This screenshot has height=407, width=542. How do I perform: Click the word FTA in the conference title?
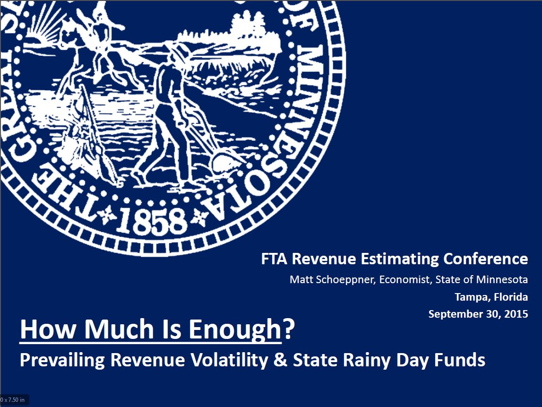(x=274, y=259)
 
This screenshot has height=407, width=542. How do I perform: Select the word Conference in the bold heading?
(x=486, y=259)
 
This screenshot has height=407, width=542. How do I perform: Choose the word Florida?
(x=511, y=297)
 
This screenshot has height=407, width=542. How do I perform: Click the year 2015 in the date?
(x=516, y=314)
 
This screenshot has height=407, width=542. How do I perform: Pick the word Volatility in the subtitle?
(x=229, y=360)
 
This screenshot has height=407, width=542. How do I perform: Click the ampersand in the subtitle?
(x=280, y=360)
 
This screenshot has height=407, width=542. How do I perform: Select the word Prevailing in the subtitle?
(x=62, y=360)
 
